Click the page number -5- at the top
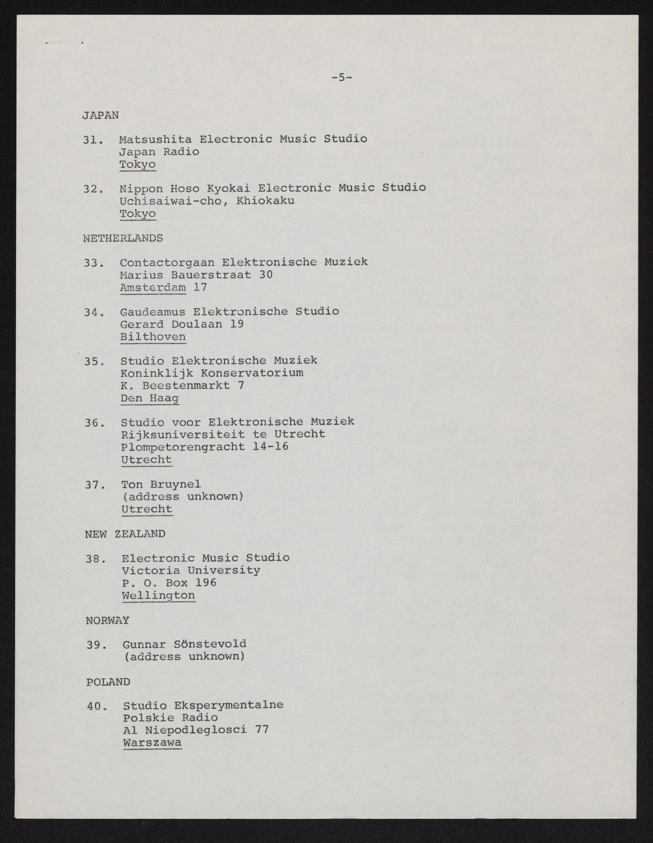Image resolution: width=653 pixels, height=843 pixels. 341,78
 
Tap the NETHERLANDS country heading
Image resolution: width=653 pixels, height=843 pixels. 123,238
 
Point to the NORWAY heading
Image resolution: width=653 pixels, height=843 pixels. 107,620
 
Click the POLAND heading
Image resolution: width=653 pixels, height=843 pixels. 108,682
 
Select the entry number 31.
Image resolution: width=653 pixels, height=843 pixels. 93,139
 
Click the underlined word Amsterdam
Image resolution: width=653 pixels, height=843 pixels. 153,288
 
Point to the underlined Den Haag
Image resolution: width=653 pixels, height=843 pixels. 150,398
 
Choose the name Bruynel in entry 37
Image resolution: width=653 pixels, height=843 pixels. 175,484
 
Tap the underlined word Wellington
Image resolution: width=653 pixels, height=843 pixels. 158,595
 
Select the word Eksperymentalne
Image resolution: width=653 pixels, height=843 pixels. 228,705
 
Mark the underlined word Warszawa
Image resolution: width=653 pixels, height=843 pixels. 152,743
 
